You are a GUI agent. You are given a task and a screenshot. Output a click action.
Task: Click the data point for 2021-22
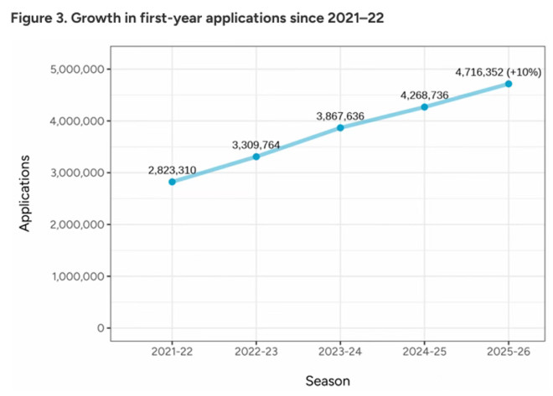[172, 182]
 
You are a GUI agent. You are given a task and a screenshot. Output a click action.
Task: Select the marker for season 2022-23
[256, 157]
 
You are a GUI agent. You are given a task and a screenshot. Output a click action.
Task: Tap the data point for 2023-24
[340, 127]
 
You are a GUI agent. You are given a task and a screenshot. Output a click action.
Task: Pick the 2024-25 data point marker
[425, 107]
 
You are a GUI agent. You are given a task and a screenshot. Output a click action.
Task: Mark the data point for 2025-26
[509, 84]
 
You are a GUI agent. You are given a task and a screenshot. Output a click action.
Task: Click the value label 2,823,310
[172, 170]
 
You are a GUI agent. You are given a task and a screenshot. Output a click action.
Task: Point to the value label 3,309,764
[256, 145]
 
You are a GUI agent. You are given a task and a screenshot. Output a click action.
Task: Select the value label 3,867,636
[340, 116]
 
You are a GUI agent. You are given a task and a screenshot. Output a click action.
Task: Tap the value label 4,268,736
[425, 95]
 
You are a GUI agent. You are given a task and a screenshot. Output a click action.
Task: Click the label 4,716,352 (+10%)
[499, 72]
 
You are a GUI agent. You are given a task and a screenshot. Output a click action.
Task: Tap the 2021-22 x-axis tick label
[172, 352]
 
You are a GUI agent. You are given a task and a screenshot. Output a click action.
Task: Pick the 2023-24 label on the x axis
[340, 352]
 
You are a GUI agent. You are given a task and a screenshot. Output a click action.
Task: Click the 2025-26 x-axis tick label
[509, 352]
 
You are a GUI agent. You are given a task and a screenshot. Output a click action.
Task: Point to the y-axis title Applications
[26, 193]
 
